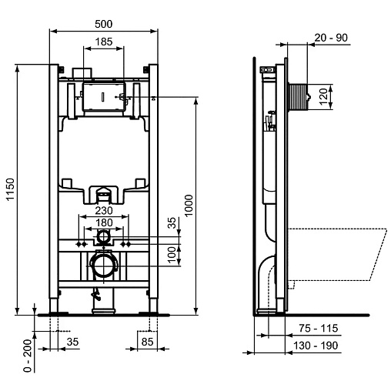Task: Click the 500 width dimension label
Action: [104, 24]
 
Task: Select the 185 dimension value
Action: [104, 42]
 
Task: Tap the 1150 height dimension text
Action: [10, 189]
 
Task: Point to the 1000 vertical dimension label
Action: [189, 206]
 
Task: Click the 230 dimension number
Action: [104, 211]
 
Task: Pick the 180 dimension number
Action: [104, 222]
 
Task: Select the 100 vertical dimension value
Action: [172, 255]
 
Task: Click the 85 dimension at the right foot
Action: [147, 342]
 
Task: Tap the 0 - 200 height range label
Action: [28, 356]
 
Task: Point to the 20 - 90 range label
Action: [331, 38]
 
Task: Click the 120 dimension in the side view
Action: [323, 96]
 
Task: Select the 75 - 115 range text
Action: [319, 328]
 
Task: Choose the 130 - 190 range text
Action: [316, 346]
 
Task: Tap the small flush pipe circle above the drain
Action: [103, 236]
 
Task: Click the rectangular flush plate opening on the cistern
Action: [104, 97]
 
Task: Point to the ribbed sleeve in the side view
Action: [297, 97]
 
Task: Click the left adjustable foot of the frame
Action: [54, 306]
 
